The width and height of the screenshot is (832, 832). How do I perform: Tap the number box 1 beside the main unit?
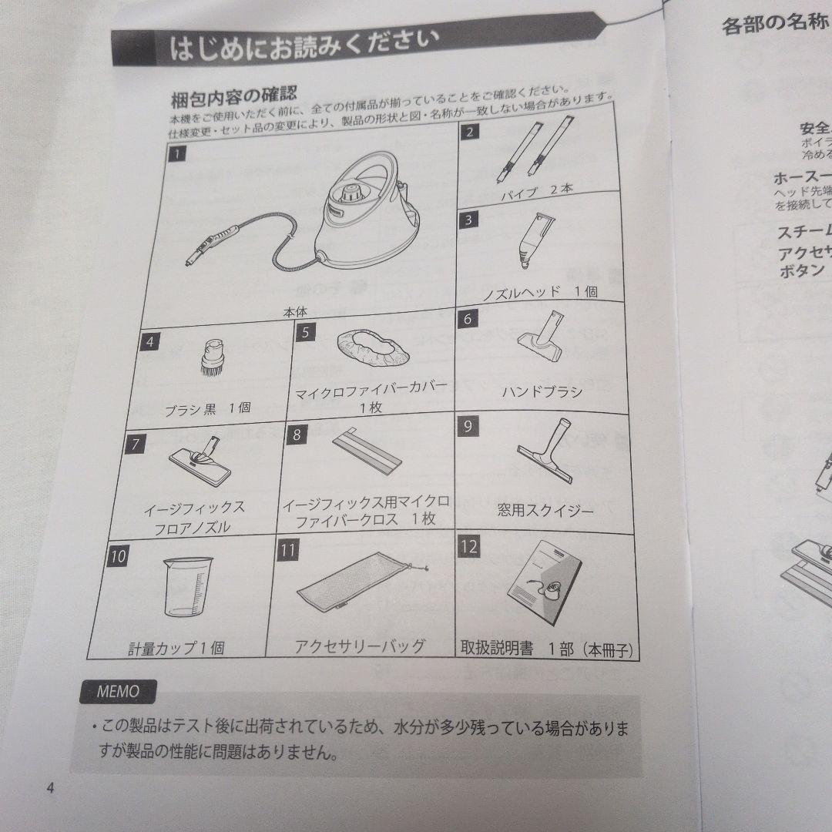tap(176, 155)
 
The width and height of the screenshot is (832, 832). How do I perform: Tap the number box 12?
tap(468, 548)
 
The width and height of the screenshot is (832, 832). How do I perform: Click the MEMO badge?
tap(118, 691)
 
